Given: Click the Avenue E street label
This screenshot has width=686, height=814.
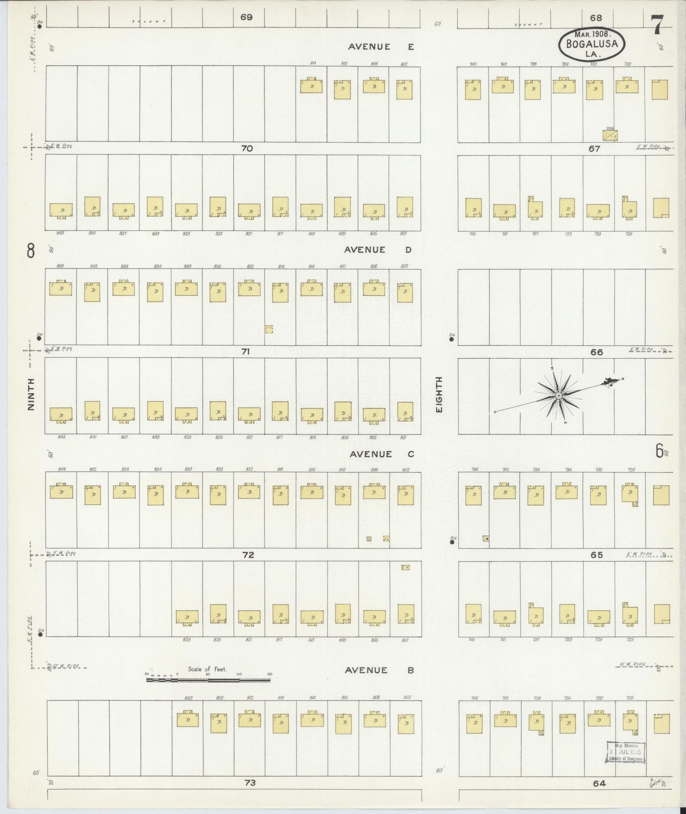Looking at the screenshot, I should [381, 47].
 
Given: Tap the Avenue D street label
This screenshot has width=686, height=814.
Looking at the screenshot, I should [378, 250].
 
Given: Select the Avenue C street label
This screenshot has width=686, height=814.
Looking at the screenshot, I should [382, 454].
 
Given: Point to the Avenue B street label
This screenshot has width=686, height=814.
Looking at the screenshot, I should [379, 670].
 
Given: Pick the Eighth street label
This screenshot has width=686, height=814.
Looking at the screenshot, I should [439, 394].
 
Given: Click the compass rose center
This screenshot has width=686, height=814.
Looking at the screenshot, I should [559, 396].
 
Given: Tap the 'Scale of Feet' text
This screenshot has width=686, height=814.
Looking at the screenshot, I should [207, 669].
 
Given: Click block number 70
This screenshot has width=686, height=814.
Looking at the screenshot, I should [247, 148].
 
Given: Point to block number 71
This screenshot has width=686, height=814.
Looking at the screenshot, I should [245, 351].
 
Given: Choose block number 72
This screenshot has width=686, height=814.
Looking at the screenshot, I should [248, 554].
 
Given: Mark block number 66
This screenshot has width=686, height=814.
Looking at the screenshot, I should [596, 352].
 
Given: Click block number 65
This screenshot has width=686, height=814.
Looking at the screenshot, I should [596, 555].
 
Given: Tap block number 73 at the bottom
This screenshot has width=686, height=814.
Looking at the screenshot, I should [250, 783].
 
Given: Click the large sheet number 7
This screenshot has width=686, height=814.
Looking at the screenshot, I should [657, 25].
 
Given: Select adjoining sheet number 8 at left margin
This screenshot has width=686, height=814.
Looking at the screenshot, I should [31, 250].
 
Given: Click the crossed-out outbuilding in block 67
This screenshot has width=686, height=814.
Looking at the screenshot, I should [610, 135].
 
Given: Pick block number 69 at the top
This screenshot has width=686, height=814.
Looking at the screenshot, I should [246, 18].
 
